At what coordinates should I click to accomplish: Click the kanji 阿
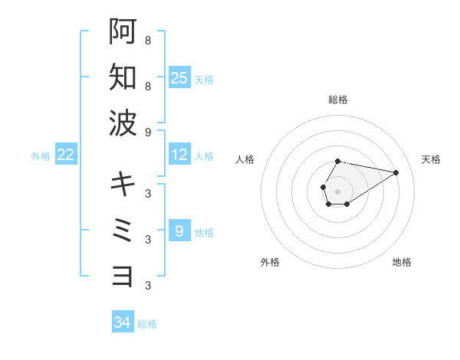(123, 31)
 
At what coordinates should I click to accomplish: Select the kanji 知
(123, 77)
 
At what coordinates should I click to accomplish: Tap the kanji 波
(123, 122)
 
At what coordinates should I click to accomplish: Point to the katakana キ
(123, 184)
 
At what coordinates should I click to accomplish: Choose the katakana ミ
(123, 230)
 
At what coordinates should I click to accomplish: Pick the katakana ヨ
(123, 275)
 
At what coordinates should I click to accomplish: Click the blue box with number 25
(179, 77)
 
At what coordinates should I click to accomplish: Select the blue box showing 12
(179, 155)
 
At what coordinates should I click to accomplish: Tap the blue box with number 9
(179, 231)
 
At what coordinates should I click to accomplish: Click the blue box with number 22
(66, 155)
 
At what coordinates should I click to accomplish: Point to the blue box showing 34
(123, 322)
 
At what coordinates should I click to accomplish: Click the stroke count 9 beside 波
(147, 132)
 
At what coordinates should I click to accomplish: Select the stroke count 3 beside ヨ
(147, 286)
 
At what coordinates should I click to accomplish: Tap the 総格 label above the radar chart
(337, 100)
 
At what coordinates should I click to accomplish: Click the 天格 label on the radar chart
(431, 159)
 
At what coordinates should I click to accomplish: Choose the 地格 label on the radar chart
(402, 262)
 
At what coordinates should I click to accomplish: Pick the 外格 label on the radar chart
(270, 262)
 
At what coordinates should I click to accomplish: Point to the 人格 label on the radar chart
(245, 159)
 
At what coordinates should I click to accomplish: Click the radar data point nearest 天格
(396, 172)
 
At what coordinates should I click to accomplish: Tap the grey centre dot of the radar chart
(337, 190)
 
